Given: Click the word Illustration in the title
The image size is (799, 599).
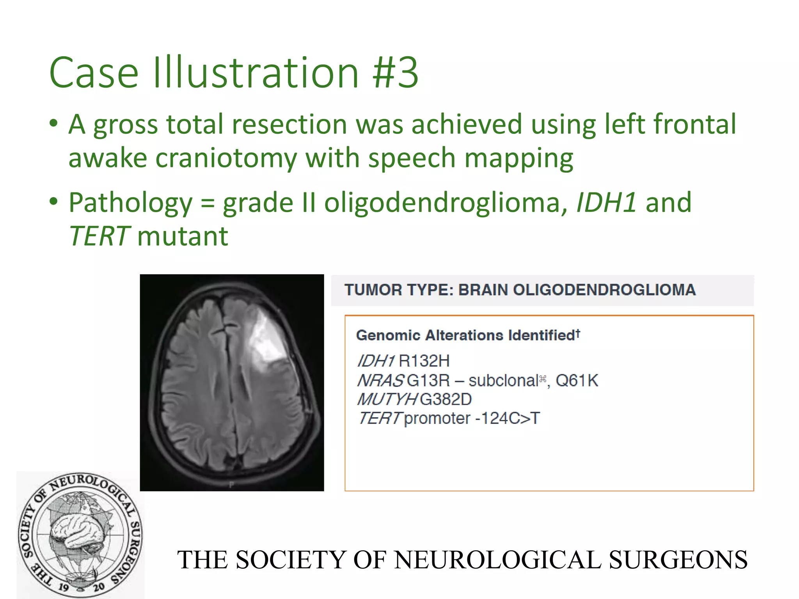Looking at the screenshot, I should (256, 73).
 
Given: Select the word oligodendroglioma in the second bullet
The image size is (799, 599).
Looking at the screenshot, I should (442, 203).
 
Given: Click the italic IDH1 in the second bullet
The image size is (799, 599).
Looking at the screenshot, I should (606, 203).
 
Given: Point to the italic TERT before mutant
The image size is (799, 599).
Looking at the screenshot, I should (99, 236).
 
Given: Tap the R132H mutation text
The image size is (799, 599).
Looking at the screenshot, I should (424, 361).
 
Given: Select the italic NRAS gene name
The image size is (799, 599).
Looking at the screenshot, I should (380, 380).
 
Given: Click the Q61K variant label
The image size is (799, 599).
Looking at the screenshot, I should (577, 380).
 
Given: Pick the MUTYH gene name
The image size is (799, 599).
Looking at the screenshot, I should (387, 399).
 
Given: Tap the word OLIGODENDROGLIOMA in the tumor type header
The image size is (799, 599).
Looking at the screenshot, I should (577, 290).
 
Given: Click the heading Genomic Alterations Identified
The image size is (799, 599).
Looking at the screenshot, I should (467, 335).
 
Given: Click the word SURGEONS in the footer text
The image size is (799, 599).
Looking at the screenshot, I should (678, 560).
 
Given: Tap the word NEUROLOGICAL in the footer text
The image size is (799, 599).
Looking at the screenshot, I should (497, 560).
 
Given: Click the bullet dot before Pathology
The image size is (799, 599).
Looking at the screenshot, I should (54, 202).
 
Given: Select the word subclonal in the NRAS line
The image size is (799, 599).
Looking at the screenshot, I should (503, 380).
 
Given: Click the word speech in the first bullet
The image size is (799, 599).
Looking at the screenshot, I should (412, 158).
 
